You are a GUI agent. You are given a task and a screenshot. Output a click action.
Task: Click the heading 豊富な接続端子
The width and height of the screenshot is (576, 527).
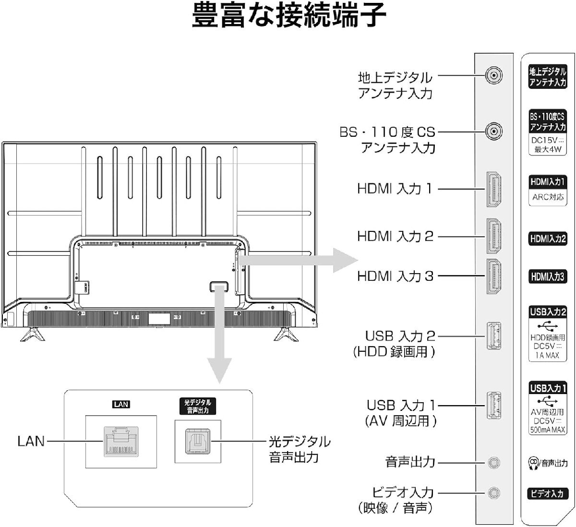click(x=289, y=15)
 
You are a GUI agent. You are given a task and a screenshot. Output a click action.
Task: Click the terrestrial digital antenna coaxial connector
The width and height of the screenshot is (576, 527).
click(x=493, y=75)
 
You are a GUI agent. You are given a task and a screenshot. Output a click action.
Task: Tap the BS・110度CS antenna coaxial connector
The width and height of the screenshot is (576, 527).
click(x=493, y=131)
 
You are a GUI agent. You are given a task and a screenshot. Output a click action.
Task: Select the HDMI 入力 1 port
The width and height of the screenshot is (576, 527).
click(x=494, y=189)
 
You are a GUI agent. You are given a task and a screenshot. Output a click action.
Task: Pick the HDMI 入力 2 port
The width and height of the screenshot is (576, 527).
click(x=494, y=236)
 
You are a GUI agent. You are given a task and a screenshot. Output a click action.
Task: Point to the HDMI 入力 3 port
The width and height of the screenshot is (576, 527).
click(x=494, y=276)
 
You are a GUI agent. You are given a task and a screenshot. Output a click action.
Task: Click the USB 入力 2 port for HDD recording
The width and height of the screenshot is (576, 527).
click(x=494, y=335)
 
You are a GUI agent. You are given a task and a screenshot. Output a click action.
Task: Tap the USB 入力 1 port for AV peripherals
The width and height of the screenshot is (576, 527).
click(x=494, y=405)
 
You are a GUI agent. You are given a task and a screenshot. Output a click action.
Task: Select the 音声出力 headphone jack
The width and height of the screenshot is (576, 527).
click(x=494, y=463)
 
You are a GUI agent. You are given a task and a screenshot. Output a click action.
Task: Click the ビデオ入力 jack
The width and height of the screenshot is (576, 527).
click(x=494, y=493)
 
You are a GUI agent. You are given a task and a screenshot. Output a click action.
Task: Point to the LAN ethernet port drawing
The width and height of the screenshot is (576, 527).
click(x=121, y=442)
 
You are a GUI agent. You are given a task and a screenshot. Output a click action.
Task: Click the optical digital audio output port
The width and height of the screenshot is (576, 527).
click(x=198, y=442)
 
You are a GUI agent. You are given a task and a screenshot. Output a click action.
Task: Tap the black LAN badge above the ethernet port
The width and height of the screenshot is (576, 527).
click(x=121, y=404)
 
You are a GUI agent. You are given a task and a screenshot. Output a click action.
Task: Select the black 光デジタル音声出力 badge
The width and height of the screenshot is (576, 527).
click(x=198, y=406)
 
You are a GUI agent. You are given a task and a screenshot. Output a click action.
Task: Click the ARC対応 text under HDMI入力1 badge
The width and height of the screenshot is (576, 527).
click(x=548, y=197)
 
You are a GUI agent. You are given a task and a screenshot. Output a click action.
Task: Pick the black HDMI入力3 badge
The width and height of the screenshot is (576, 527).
click(x=548, y=276)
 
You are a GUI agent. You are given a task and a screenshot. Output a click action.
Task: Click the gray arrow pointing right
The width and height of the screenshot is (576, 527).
click(x=299, y=261)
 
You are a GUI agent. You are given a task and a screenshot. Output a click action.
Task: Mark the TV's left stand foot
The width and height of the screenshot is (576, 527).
click(x=33, y=334)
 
